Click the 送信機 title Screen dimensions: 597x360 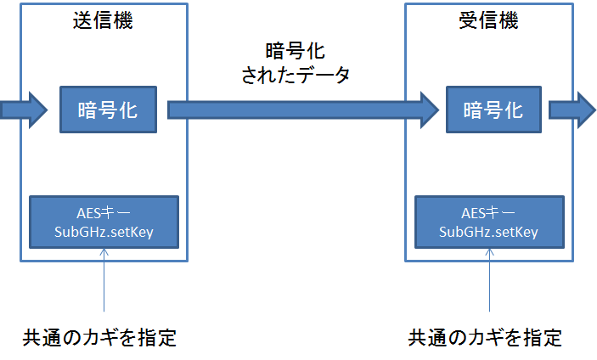tap(103, 20)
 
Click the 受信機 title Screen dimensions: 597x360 tap(488, 20)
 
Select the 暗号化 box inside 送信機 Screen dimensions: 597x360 tap(108, 110)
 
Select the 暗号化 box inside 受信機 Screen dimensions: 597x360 tap(493, 110)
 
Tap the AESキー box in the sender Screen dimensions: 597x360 tap(104, 222)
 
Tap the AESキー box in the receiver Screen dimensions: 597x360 tap(489, 222)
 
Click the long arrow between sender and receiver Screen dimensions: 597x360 tap(303, 110)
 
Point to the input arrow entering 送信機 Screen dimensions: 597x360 tap(24, 110)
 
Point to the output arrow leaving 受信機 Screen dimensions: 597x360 tap(572, 110)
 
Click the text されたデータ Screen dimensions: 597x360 tap(296, 75)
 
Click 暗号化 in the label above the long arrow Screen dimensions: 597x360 tap(295, 51)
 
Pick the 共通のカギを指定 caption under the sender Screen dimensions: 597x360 tap(99, 337)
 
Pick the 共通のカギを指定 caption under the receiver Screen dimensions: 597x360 tap(485, 337)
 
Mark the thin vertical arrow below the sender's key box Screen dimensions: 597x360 tap(104, 280)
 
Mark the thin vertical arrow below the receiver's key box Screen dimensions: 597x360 tap(489, 280)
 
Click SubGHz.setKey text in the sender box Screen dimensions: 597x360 tap(104, 232)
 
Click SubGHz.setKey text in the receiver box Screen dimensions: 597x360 tap(488, 232)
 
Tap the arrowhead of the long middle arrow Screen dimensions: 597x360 tap(431, 110)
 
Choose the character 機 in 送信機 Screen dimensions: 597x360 tap(123, 20)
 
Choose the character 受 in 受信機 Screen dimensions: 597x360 tap(468, 20)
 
